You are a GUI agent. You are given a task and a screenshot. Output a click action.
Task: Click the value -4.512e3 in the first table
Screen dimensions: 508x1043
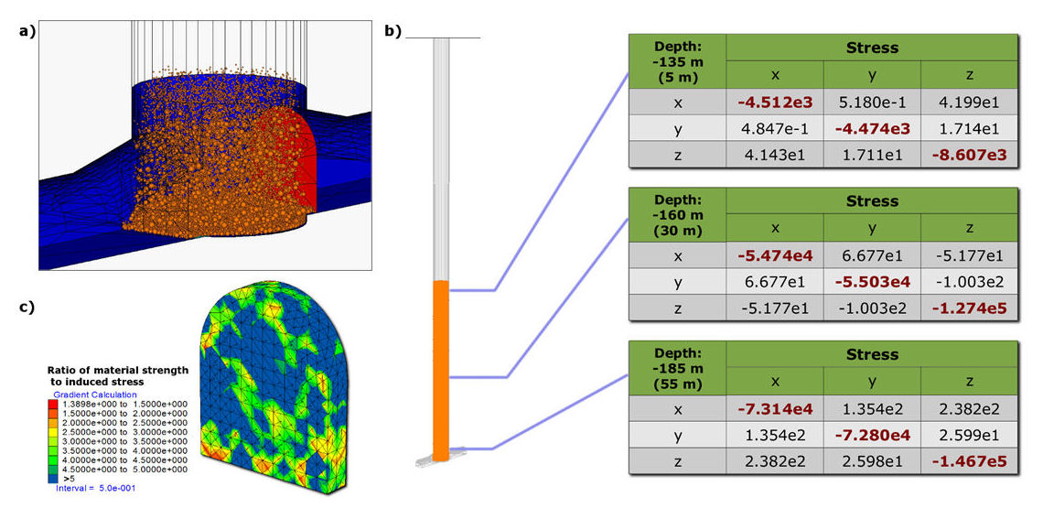775,101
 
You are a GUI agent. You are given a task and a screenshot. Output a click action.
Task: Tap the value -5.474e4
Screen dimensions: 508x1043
775,254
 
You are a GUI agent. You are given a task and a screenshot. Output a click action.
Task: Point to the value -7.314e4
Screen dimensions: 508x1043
775,407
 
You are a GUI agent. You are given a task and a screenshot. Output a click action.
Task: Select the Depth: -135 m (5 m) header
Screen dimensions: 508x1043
678,60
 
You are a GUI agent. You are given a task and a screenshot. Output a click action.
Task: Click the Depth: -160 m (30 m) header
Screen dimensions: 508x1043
678,214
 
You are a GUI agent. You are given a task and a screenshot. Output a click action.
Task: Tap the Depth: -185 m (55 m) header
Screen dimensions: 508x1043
678,368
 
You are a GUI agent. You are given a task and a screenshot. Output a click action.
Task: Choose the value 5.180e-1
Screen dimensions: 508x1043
872,101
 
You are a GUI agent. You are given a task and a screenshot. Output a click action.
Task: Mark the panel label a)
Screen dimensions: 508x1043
27,30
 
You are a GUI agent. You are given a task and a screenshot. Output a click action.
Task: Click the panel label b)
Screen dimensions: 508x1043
392,31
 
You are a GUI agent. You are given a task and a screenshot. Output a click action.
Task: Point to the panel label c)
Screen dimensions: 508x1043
27,307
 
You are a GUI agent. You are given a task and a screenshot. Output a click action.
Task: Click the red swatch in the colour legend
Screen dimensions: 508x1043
58,405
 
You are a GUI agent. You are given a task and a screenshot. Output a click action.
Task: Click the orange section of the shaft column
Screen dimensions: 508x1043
441,366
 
